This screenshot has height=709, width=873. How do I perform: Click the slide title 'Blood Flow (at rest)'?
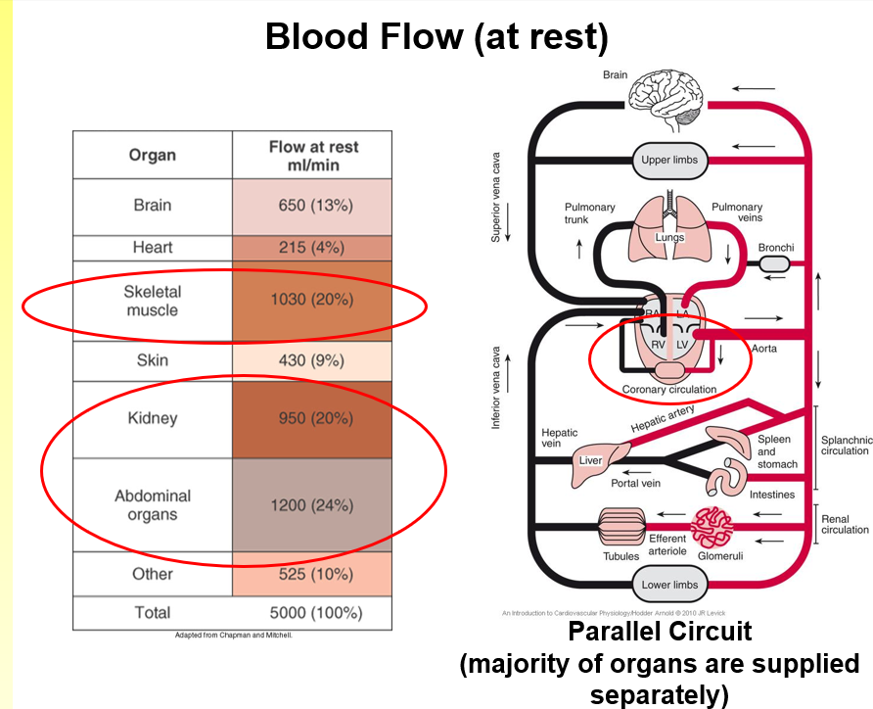(x=436, y=37)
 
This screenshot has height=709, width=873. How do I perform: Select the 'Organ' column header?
(x=153, y=155)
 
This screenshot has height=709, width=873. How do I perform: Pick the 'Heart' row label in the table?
(x=153, y=248)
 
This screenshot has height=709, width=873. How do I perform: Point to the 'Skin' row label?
(x=153, y=360)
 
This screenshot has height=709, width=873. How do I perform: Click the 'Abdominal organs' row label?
(x=153, y=505)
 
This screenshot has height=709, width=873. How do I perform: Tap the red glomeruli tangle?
(x=713, y=527)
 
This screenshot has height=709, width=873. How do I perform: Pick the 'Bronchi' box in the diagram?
(x=775, y=265)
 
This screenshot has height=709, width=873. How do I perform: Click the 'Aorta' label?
(x=764, y=349)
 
